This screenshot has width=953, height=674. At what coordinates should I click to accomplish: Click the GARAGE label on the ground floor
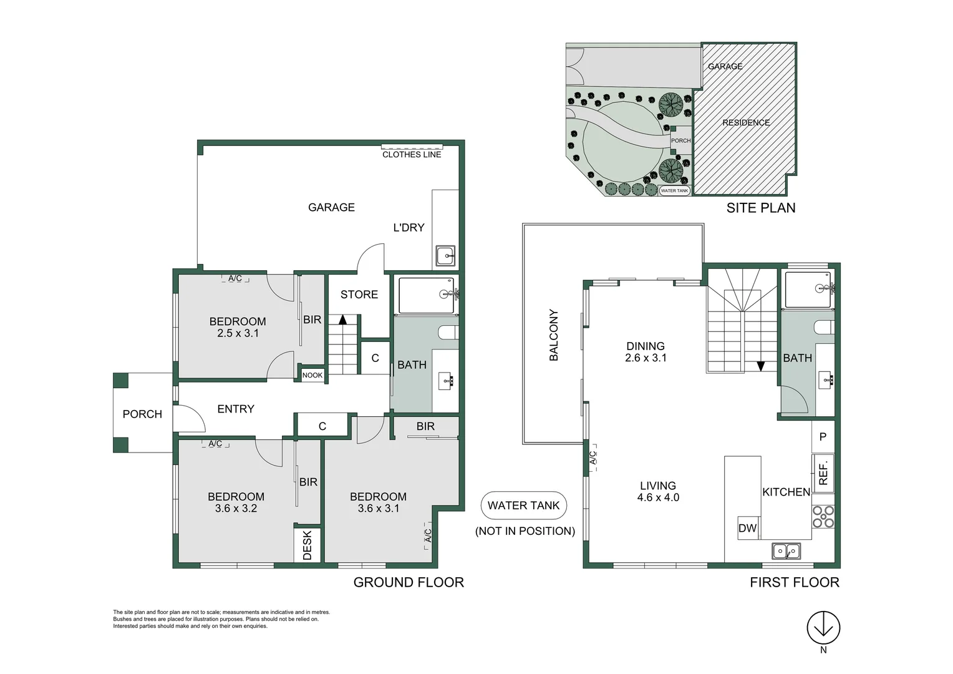(331, 207)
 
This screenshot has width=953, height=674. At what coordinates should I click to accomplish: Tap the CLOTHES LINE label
(412, 154)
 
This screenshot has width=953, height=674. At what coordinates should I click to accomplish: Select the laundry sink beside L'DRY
(445, 256)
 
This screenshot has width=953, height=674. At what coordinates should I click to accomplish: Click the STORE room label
(359, 295)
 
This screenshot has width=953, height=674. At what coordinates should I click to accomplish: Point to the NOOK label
(312, 375)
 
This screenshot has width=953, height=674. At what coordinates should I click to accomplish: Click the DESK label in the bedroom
(307, 545)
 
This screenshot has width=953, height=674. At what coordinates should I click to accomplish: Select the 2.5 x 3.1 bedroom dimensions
(238, 333)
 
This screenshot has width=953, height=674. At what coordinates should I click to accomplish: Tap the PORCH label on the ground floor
(142, 414)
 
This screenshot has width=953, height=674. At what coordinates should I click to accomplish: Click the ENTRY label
(236, 409)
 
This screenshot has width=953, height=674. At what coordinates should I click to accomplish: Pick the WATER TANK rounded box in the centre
(524, 506)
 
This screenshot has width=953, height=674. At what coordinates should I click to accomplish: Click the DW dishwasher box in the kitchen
(747, 528)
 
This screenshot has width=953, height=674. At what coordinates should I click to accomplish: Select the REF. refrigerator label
(823, 472)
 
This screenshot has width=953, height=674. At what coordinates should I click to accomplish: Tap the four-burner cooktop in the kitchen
(823, 516)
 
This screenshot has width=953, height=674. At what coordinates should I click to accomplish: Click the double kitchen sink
(786, 551)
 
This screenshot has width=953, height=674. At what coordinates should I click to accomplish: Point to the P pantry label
(823, 437)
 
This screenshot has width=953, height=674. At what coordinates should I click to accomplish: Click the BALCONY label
(553, 335)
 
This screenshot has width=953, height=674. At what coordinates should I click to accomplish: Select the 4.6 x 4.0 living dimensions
(658, 497)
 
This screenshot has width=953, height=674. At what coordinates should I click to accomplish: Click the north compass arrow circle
(823, 627)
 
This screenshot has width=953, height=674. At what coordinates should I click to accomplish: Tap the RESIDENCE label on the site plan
(746, 122)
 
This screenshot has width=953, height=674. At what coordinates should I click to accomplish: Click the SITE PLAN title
(761, 208)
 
